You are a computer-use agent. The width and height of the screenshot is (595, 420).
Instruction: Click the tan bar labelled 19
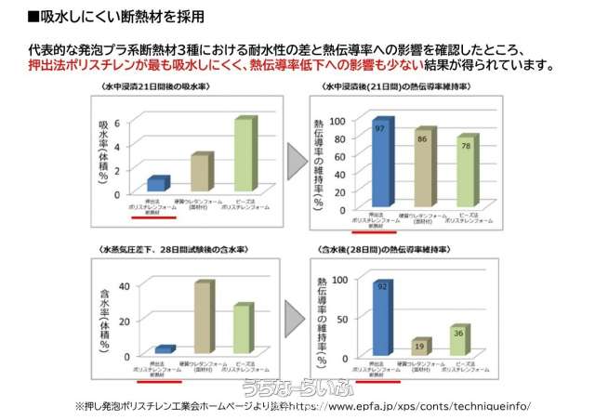420,345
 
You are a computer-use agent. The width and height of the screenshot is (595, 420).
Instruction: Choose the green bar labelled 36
457,337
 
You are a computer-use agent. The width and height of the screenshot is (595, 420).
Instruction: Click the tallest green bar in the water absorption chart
242,153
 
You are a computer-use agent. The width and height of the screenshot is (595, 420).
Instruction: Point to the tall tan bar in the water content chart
201,316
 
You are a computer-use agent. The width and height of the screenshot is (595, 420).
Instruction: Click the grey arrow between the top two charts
295,163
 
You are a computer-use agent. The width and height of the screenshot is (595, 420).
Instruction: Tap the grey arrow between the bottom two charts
295,317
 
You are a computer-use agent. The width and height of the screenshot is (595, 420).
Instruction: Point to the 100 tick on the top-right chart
337,121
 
